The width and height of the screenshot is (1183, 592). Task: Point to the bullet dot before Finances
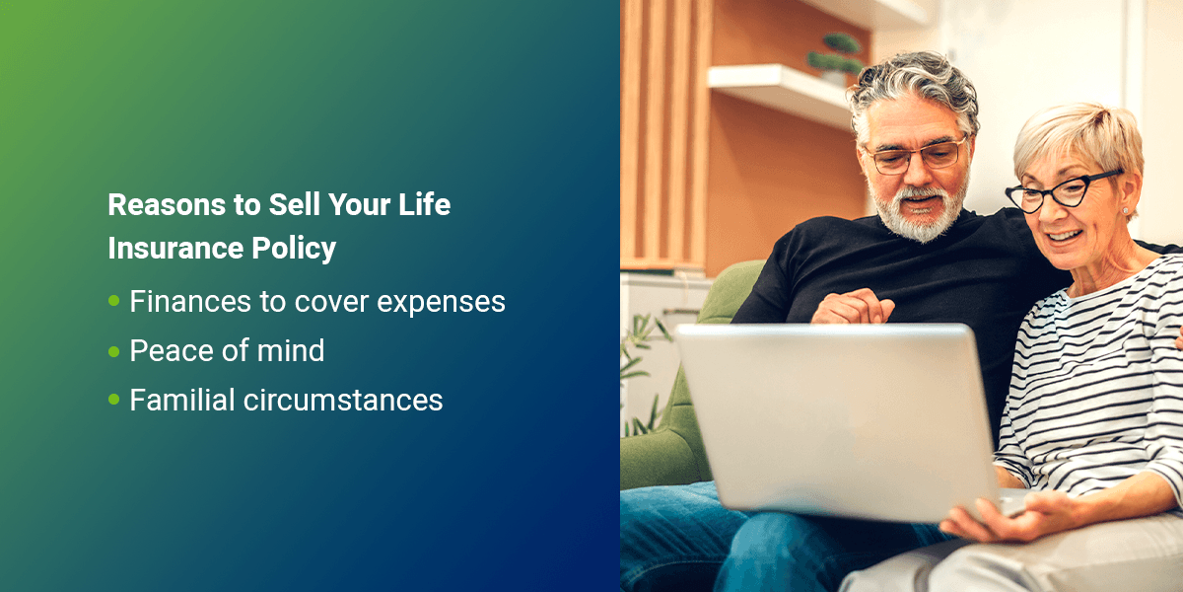[x=113, y=301]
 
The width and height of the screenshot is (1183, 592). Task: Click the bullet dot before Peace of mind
[x=113, y=350]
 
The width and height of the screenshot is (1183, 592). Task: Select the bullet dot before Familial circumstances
[x=113, y=400]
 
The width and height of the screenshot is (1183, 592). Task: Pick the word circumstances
[x=346, y=400]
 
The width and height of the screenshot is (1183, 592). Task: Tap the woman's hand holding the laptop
[x=996, y=516]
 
